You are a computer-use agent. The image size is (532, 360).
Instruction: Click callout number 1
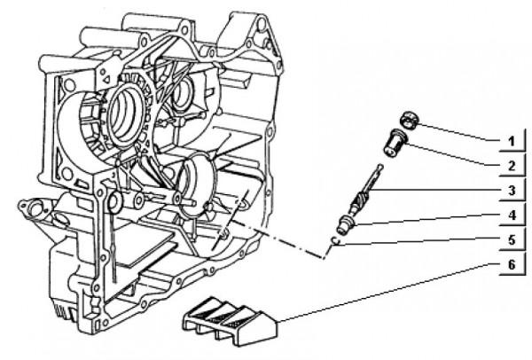pos(512,142)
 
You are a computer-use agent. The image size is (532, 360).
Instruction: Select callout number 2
pos(512,166)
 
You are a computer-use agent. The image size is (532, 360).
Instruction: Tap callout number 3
pos(512,191)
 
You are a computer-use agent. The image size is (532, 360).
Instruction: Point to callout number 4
pos(512,215)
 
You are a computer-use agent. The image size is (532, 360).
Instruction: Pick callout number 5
pos(512,239)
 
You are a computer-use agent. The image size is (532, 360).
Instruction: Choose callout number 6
pos(512,264)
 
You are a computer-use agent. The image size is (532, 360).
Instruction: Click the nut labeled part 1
pos(409,121)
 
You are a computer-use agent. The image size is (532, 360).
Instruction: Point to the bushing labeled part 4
pos(347,223)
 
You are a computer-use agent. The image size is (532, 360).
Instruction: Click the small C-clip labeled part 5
pos(335,240)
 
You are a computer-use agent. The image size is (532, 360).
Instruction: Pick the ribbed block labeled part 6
pos(231,322)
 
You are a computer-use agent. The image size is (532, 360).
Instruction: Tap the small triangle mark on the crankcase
pos(106,80)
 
